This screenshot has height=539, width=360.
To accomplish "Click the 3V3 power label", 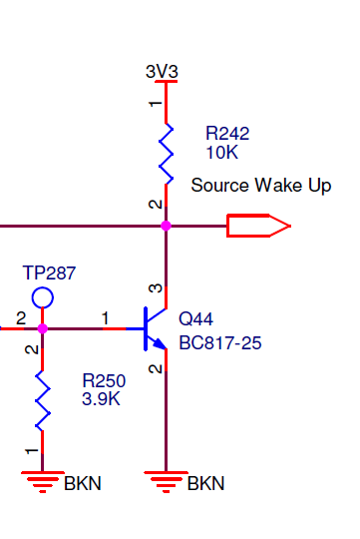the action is [162, 72].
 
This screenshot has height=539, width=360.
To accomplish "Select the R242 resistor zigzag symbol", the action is [166, 154].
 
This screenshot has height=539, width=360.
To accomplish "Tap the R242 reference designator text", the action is [227, 133].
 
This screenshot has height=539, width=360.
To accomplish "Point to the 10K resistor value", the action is [222, 152].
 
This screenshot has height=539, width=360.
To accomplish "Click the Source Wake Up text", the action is [261, 186].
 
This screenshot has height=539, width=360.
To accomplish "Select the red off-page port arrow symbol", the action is [258, 226].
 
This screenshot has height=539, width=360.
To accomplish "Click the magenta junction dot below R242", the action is [166, 226].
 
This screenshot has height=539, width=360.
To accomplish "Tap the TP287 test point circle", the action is [43, 297].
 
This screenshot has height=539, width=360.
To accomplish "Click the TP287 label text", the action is [49, 272].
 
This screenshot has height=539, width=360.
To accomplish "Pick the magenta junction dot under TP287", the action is [42, 328].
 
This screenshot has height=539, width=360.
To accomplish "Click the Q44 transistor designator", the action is [195, 319].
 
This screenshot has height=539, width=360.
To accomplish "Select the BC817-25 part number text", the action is [220, 343].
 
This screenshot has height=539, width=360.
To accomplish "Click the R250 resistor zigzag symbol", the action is [43, 401].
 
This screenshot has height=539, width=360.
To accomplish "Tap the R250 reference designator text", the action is [104, 380].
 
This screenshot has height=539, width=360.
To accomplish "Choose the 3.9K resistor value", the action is [101, 399].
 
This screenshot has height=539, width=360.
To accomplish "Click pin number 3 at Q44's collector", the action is [156, 288].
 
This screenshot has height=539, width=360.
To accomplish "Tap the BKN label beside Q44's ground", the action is [205, 483].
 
